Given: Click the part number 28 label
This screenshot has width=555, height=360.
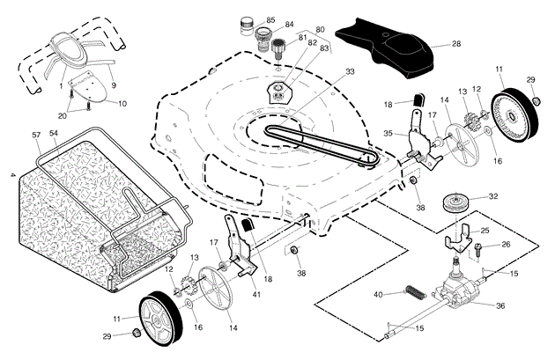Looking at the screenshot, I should [x=455, y=43].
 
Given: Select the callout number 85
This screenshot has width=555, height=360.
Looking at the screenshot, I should [x=270, y=19].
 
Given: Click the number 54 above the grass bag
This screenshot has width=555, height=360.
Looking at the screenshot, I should [x=54, y=133].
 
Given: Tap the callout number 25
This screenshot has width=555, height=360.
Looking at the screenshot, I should [x=485, y=231].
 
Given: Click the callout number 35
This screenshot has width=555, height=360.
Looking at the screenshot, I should [x=388, y=135].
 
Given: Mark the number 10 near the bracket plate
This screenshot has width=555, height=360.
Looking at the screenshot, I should [x=122, y=104].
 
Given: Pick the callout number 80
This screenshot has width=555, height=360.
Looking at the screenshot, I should [x=320, y=30].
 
